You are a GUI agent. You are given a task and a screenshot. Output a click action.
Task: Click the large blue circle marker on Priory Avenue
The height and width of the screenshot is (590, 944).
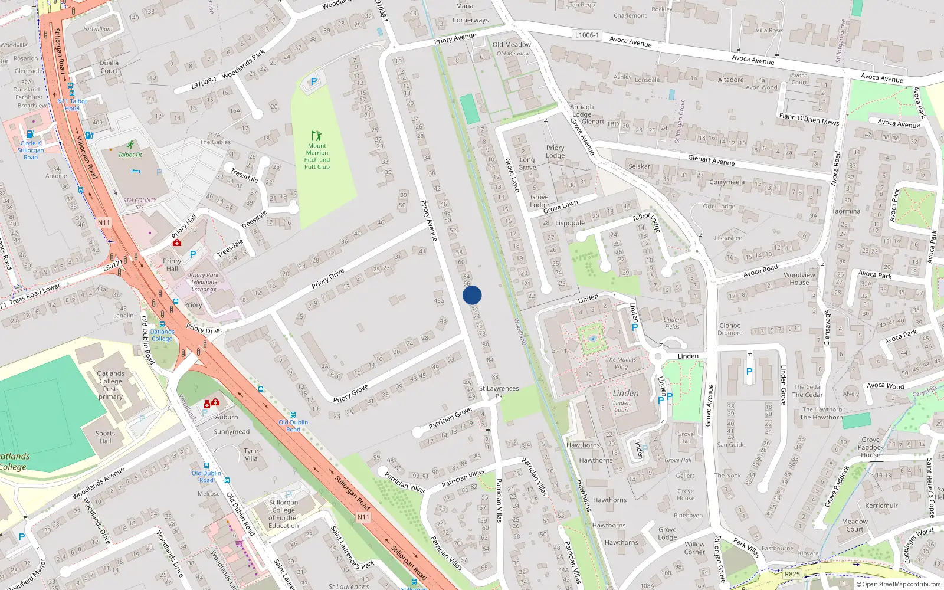pos(472,295)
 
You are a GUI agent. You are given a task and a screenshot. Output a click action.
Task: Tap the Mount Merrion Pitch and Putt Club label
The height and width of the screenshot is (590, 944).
pos(317,156)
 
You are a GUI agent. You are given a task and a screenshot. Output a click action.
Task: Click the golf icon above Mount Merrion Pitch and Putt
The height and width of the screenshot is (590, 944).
pos(317,135)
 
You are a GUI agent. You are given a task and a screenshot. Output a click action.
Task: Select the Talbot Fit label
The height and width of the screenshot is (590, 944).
pos(130,155)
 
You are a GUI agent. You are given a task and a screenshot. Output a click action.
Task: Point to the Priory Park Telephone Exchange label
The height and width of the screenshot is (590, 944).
pos(204,282)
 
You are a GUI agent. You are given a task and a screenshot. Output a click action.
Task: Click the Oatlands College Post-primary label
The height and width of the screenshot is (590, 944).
pos(110,385)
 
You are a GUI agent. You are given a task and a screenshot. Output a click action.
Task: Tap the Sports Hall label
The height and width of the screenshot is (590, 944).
pos(105,437)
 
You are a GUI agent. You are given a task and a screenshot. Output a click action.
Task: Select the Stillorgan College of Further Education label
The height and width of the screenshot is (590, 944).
pos(283,514)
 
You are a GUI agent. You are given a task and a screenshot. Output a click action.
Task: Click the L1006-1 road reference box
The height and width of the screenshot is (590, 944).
pos(586,35)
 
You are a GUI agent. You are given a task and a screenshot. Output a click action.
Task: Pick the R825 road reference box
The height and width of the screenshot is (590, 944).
pos(792,574)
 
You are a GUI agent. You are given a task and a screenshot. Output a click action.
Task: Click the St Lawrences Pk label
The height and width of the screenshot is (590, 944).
pos(499,392)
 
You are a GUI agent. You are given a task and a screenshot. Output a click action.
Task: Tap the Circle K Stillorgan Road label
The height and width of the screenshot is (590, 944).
pos(30,150)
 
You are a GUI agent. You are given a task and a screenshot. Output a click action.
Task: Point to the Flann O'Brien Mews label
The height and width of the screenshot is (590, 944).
pos(809,119)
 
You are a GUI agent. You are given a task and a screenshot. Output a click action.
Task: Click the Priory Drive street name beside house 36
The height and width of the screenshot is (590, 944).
pos(329,278)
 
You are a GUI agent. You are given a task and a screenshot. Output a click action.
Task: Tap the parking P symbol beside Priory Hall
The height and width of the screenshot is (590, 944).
pos(192,254)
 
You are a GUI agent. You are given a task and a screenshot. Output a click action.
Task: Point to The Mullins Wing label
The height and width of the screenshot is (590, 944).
pos(621,363)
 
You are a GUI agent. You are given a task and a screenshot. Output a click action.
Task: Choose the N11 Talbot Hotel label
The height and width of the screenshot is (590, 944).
pos(72,104)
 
